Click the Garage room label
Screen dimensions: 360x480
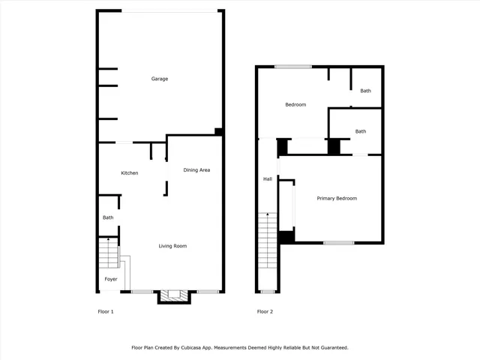159,79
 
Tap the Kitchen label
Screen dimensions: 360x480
130,173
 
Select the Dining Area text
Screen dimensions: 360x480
196,170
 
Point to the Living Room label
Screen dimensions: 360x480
172,246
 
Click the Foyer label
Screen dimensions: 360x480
110,279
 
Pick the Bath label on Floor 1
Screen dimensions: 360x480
108,217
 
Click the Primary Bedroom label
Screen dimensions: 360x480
336,198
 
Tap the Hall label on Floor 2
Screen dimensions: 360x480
267,179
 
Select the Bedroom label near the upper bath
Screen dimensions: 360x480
295,105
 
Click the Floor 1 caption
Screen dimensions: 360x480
106,311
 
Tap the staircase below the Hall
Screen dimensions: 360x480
268,240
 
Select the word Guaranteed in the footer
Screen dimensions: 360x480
331,348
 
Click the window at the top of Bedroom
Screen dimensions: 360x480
292,67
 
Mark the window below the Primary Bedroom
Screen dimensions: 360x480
338,242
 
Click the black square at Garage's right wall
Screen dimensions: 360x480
218,132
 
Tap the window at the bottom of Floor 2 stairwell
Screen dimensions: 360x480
268,291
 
